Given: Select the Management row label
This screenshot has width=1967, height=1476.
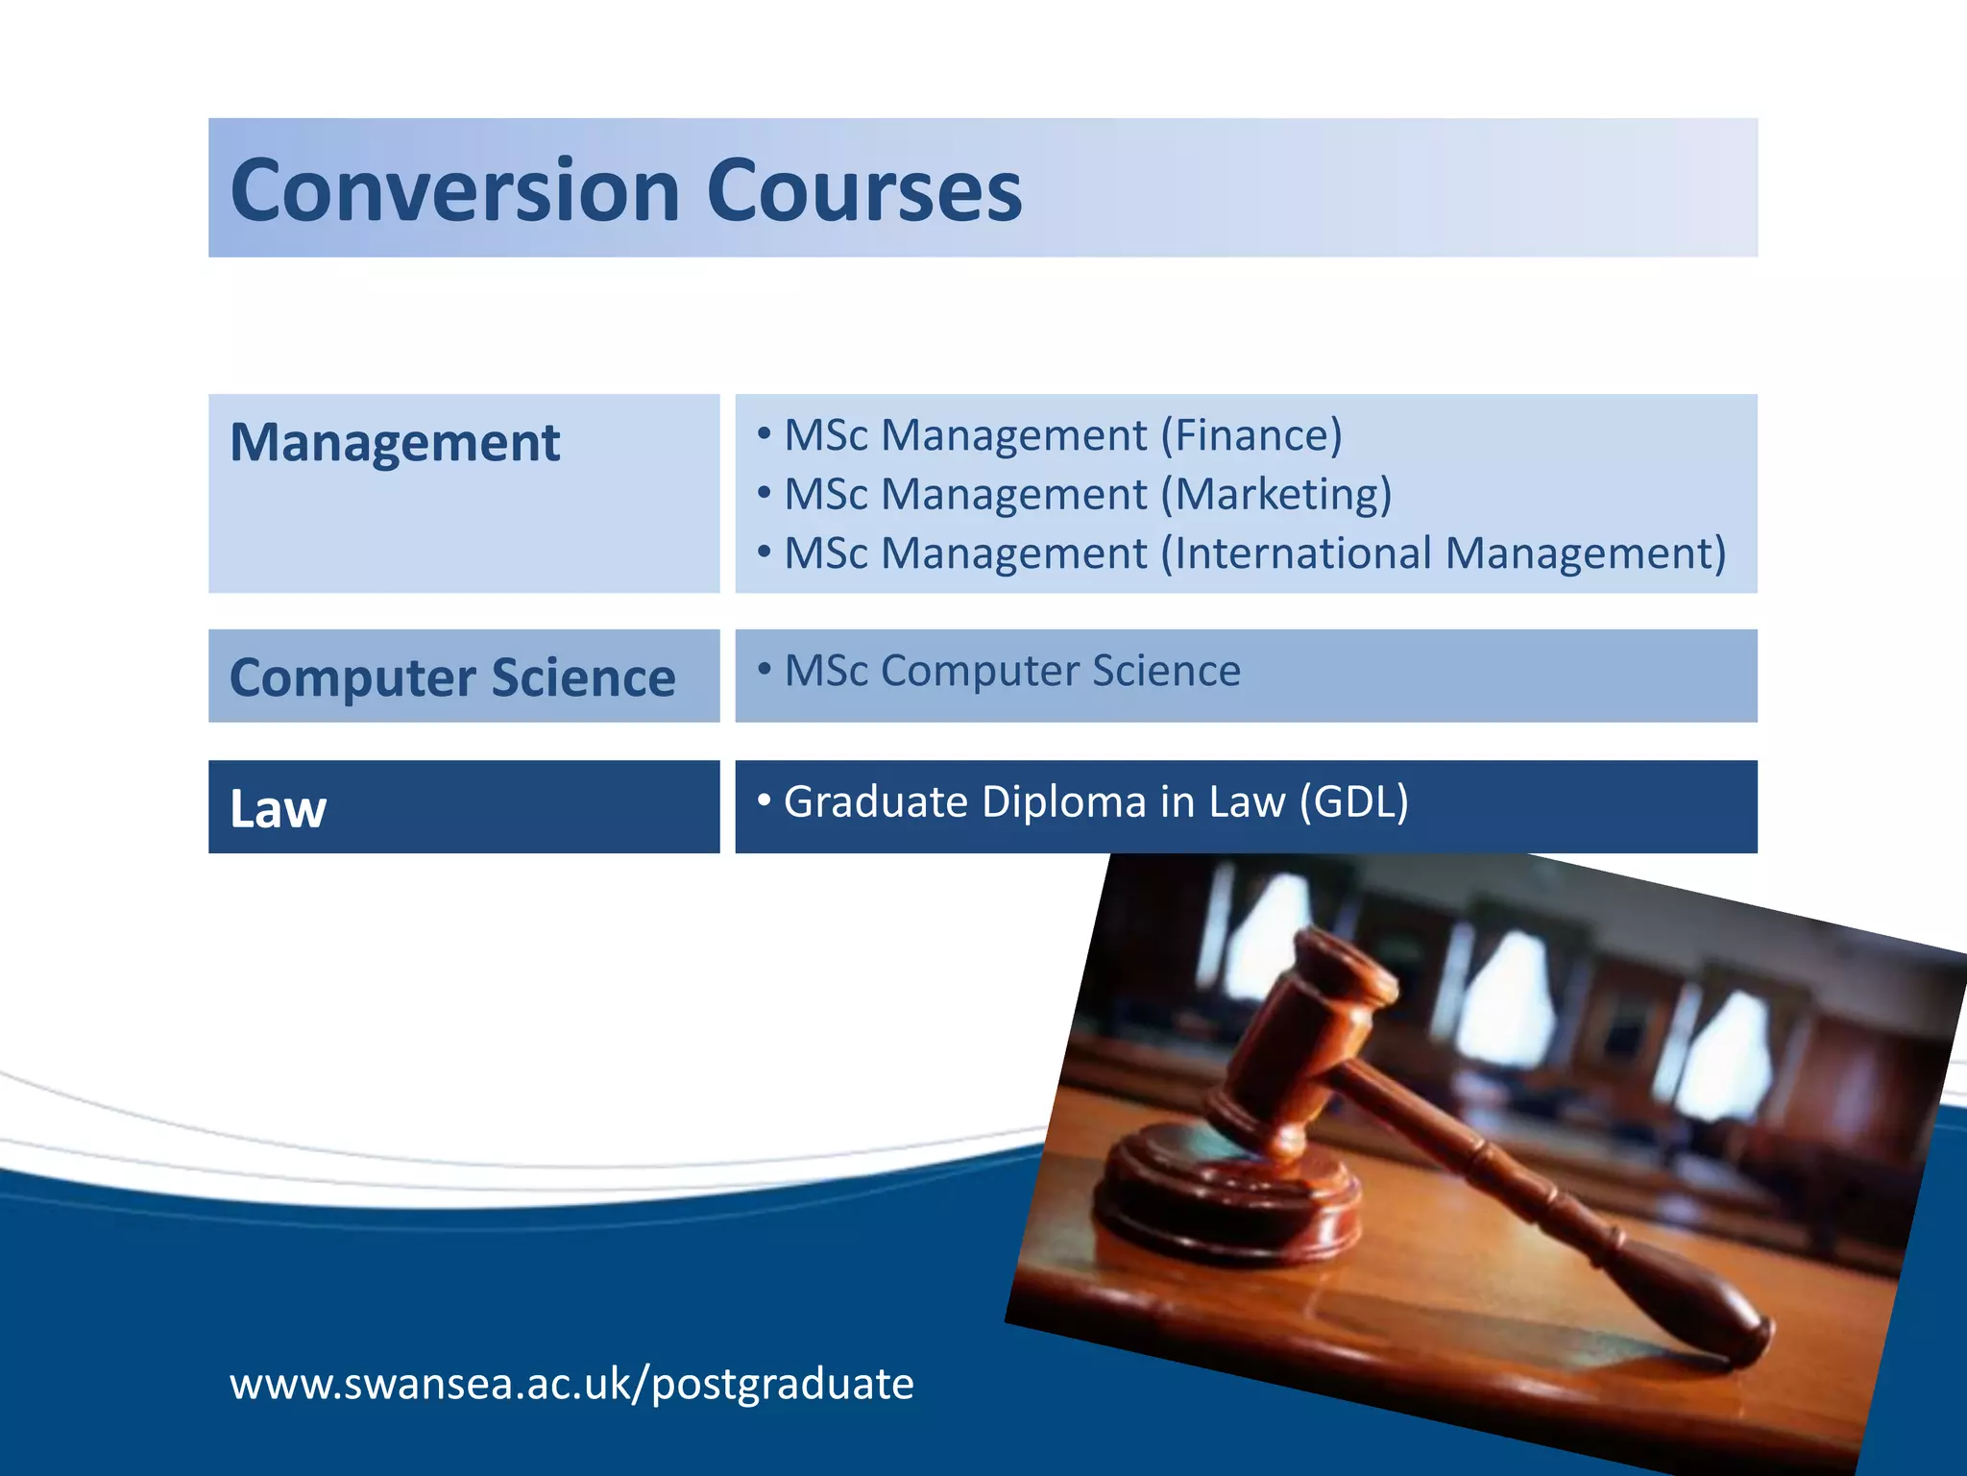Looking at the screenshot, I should (x=395, y=443).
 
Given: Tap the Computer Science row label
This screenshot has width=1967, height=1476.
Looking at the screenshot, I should (x=452, y=677).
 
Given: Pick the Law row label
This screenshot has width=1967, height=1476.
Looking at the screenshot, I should (x=279, y=808).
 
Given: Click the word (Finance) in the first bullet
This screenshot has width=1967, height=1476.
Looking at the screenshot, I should (x=1251, y=435).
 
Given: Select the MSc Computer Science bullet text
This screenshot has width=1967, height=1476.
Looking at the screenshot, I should (x=1012, y=671).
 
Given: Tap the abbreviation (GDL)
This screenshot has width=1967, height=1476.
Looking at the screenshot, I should (x=1353, y=801).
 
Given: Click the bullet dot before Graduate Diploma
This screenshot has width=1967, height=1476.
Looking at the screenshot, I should (x=765, y=799).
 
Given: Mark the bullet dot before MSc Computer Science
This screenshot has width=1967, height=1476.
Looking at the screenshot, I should (x=765, y=669).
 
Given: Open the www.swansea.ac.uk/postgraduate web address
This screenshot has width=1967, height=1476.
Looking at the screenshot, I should (x=571, y=1384).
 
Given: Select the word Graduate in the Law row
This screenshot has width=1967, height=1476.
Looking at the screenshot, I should (x=875, y=801).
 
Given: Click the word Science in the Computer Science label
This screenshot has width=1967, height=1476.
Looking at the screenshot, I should (x=583, y=677).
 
